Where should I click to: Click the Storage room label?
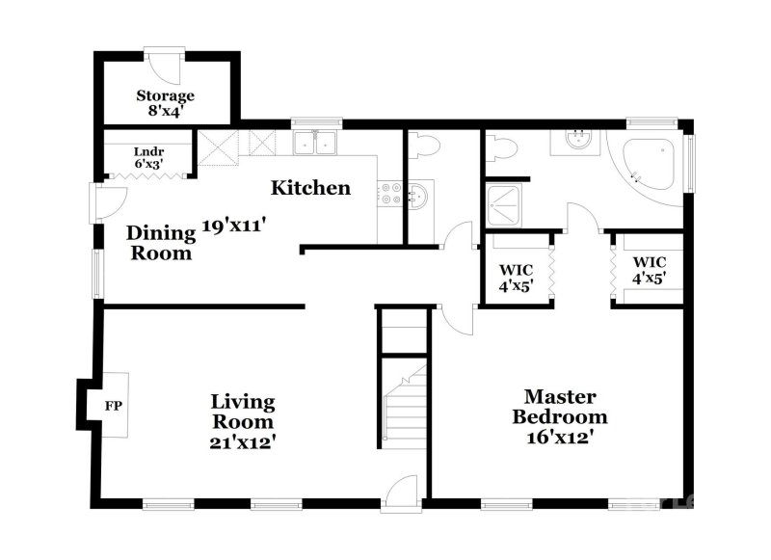point(165,95)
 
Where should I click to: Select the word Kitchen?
point(309,187)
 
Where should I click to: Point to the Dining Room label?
point(159,243)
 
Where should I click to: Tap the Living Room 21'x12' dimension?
point(244,442)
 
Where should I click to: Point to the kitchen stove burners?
point(389,193)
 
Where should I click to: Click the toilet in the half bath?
point(423,145)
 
